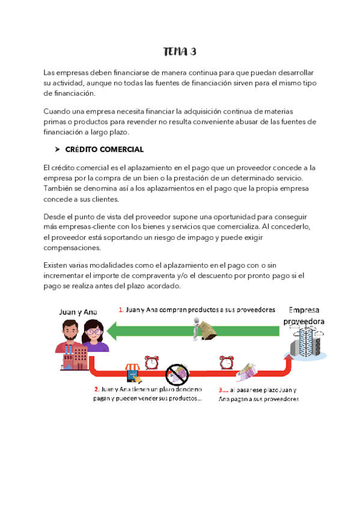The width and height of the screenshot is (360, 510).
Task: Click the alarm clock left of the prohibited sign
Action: [x=152, y=363]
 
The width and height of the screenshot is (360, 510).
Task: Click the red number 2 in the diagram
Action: [x=96, y=389]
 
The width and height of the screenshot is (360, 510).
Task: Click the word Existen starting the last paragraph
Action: [x=57, y=265]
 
